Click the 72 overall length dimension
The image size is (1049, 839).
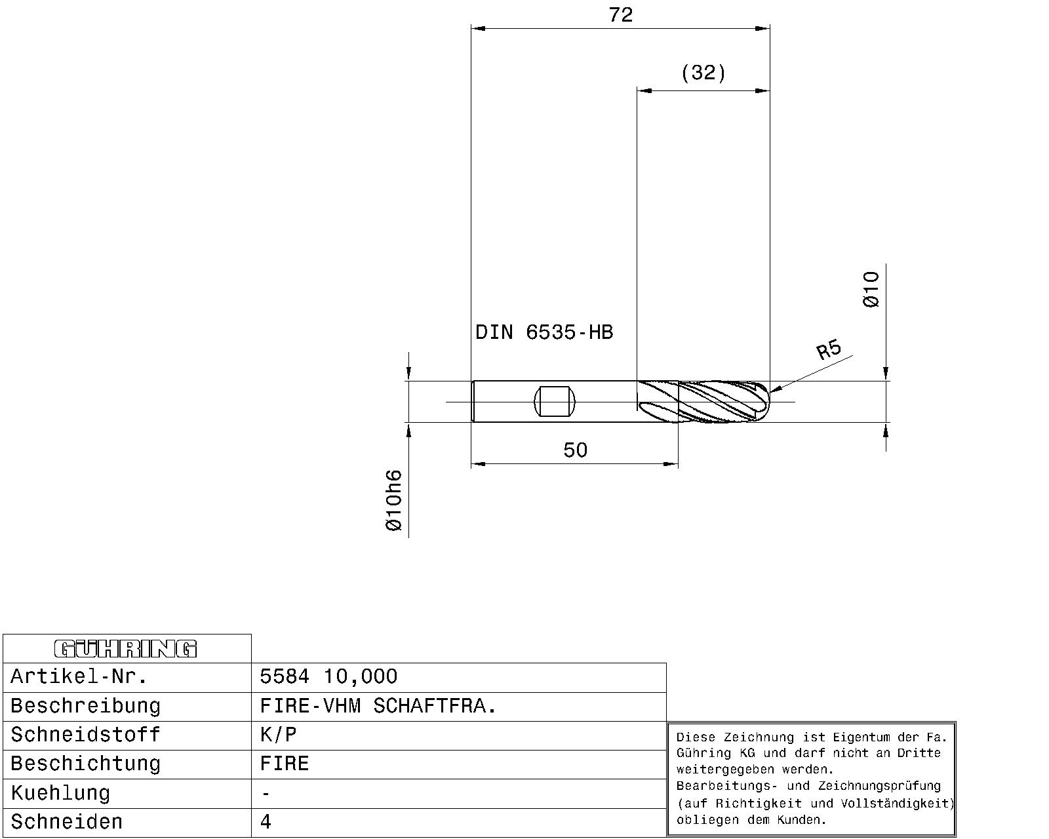620,15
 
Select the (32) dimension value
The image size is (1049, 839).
703,73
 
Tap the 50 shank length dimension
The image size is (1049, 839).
575,450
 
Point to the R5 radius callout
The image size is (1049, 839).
829,349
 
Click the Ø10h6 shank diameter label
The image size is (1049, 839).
393,500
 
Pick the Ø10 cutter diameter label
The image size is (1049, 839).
871,290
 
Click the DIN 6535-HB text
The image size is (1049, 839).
544,332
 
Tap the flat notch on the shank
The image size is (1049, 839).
555,401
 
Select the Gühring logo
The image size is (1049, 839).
126,649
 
